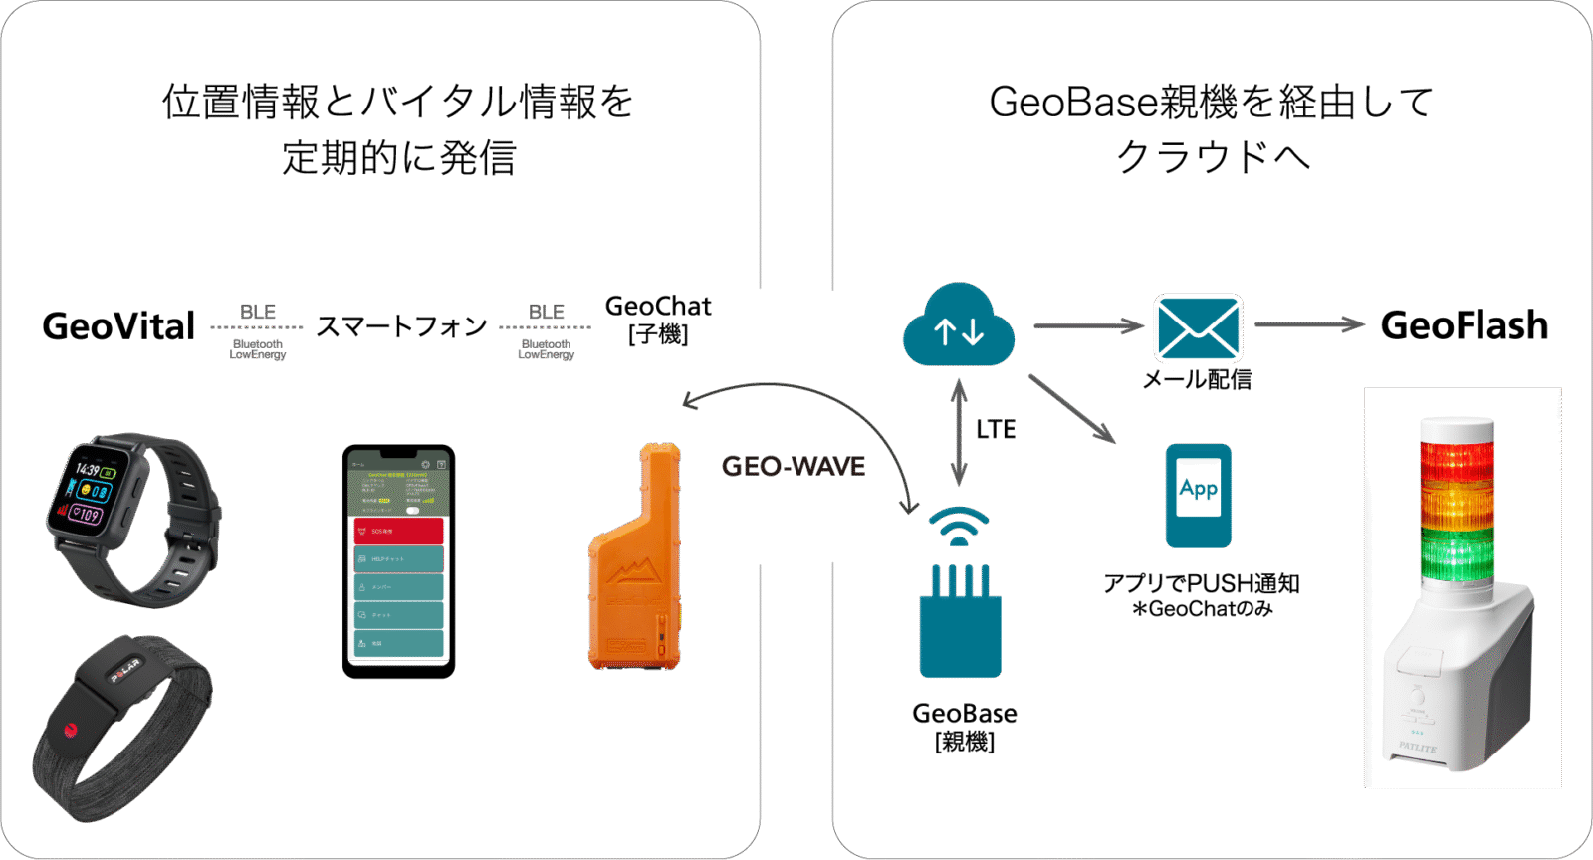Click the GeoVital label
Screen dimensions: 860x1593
point(118,326)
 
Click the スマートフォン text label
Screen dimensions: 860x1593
point(401,326)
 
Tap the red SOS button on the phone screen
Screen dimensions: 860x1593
point(398,531)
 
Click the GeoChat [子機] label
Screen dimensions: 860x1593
point(658,319)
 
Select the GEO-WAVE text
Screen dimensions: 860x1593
point(794,466)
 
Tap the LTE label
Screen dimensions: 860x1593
point(996,430)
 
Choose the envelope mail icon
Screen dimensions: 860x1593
point(1198,327)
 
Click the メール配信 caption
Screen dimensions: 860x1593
point(1197,379)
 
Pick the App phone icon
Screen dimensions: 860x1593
point(1199,495)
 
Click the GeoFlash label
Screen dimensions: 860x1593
point(1464,325)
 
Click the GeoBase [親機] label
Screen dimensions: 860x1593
point(965,727)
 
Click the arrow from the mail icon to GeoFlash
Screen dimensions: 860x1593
point(1308,324)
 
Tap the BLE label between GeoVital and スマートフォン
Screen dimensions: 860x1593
point(257,313)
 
